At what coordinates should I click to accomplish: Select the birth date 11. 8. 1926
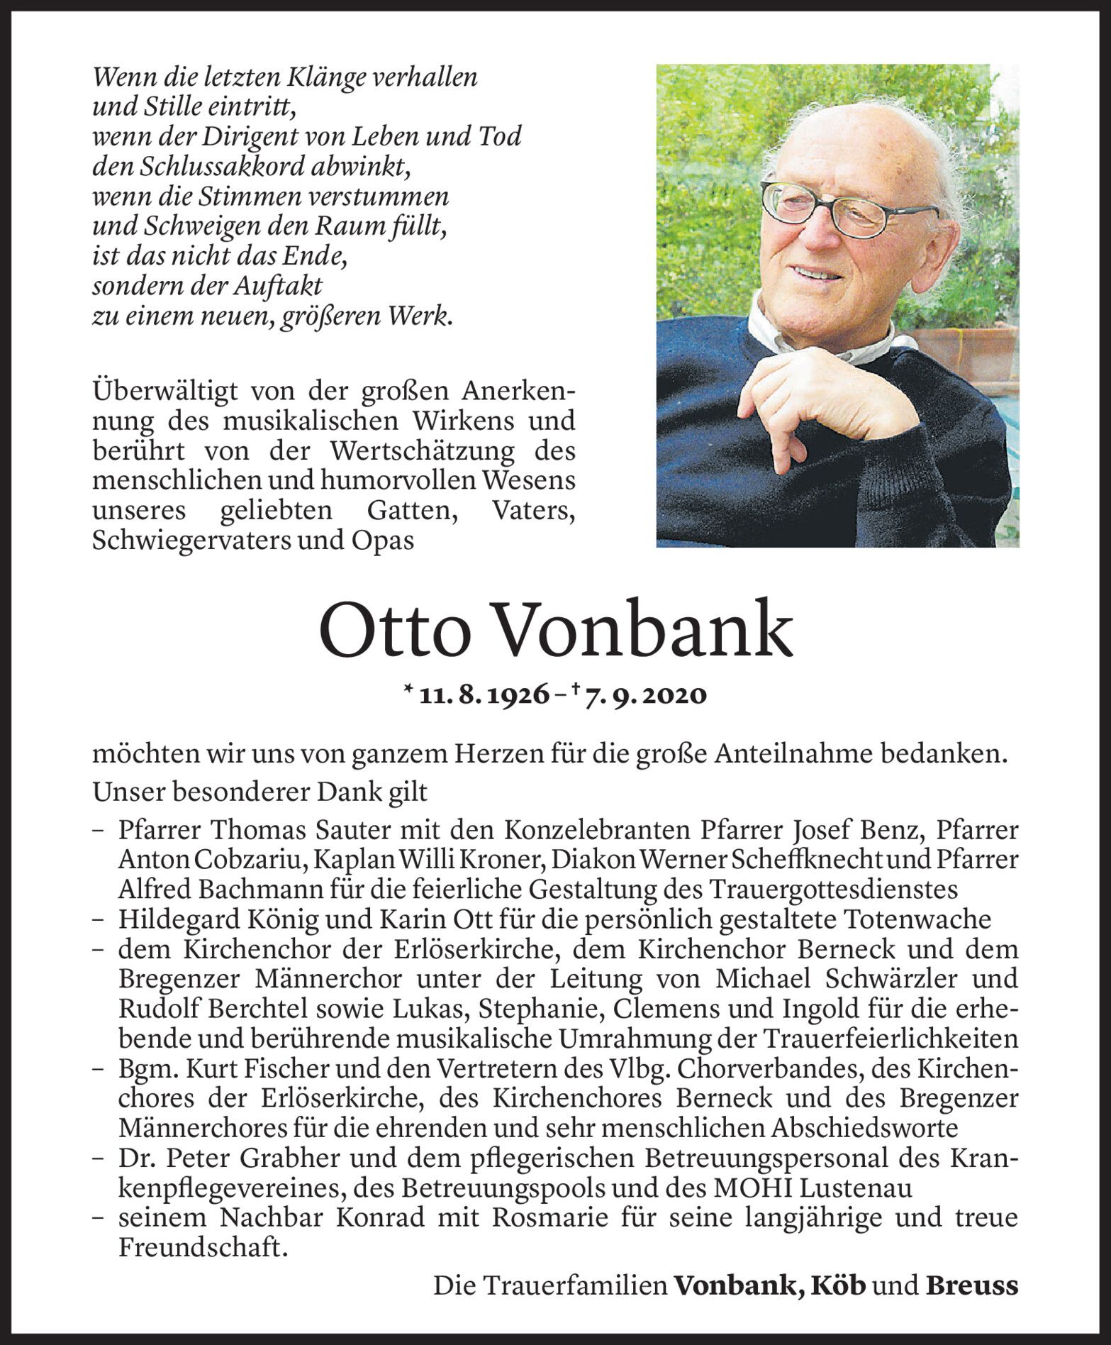484,695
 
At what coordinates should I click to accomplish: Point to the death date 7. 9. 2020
646,695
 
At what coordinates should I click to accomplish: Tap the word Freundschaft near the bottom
203,1247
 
